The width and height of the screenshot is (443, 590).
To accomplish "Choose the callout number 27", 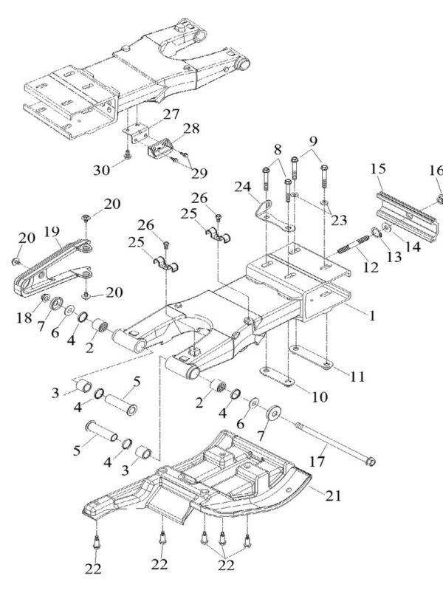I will pos(171,114).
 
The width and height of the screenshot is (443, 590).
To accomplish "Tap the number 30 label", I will pos(103,169).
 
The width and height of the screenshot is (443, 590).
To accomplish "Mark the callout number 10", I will pos(319,397).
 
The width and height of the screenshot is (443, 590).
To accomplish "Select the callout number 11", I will pos(357,375).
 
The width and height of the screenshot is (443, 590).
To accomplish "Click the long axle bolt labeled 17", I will pos(332,442).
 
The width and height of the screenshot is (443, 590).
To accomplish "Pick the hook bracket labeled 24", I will pos(267,217).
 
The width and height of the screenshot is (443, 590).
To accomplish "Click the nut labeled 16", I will pos(438,199).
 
